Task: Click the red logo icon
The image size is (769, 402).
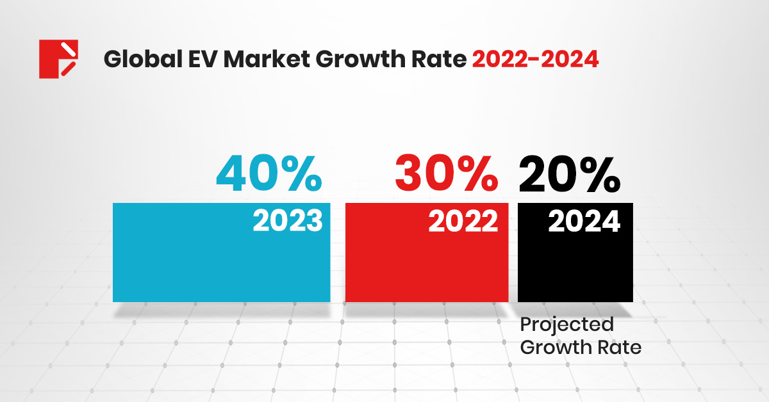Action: click(58, 59)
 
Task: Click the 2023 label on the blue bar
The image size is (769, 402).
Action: click(287, 221)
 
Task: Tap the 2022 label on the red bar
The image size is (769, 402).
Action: click(463, 221)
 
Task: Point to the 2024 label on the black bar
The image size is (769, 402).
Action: click(584, 221)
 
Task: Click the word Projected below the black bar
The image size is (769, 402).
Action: click(566, 325)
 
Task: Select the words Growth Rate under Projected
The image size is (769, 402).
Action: click(580, 348)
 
